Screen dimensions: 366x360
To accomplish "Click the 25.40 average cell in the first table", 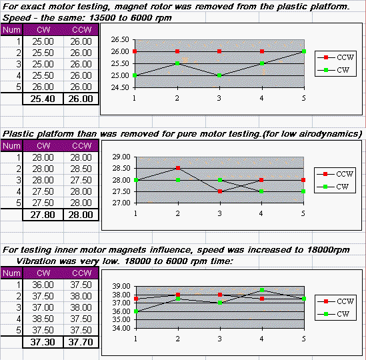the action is coord(43,99).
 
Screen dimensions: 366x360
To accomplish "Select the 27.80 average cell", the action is coord(43,215).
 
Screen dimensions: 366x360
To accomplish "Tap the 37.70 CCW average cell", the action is coord(81,342).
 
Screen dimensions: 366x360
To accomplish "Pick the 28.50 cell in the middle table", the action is coord(81,169).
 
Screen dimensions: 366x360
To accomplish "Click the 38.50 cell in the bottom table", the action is coord(43,319).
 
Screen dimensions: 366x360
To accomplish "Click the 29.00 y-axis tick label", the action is coord(121,157).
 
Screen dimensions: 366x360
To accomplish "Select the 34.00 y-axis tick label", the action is coord(121,328).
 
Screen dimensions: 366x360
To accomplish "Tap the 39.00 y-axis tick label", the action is coord(121,286).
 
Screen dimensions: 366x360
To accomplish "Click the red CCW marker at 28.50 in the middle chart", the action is coord(178,168).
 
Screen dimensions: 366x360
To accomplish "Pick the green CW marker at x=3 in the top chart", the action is coord(219,75).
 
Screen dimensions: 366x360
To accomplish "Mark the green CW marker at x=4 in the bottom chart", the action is coord(262,290).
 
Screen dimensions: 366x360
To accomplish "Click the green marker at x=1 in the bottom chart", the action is coord(136,311).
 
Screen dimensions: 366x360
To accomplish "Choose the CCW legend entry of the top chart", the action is coord(335,57).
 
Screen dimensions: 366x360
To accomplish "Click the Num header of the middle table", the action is coord(11,146).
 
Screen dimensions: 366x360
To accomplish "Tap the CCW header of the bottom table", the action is coord(81,273).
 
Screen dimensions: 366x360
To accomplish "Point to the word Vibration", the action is coord(36,261).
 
